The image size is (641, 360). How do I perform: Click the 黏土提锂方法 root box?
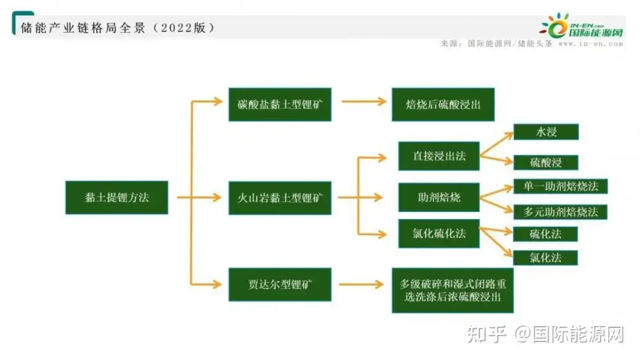(117, 197)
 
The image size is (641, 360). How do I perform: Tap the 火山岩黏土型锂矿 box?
(280, 197)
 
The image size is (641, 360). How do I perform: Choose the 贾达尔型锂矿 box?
(280, 284)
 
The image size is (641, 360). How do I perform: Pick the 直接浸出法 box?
(439, 156)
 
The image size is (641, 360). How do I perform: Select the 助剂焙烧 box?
(439, 197)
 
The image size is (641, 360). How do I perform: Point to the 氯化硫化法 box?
(439, 234)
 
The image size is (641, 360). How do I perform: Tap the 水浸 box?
(545, 132)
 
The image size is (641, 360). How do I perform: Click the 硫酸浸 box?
(545, 162)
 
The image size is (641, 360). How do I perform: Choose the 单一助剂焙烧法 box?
(560, 186)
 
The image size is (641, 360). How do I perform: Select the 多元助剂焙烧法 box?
(560, 211)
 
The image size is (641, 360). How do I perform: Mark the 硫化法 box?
(545, 234)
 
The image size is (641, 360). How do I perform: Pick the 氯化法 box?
(545, 258)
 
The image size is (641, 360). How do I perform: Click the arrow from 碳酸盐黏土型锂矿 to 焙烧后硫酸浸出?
(362, 102)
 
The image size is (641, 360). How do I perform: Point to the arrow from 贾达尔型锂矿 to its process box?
(362, 284)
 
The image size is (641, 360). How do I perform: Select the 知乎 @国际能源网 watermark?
(545, 334)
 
